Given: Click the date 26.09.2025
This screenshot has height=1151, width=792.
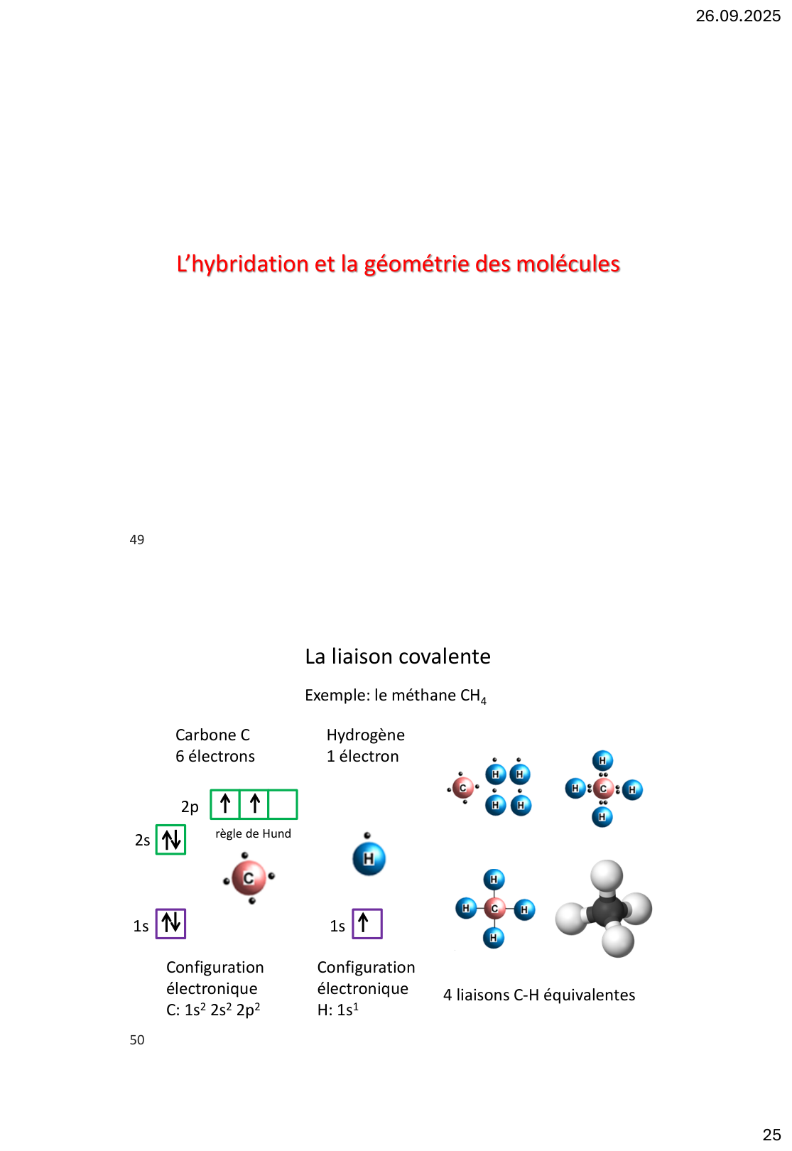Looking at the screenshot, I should [737, 16].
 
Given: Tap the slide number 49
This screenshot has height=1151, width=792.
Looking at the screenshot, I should [137, 540].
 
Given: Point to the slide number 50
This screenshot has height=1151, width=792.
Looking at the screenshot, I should [137, 1040].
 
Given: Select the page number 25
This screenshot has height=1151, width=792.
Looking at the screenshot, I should [771, 1135].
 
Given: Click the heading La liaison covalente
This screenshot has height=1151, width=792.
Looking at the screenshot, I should [398, 656].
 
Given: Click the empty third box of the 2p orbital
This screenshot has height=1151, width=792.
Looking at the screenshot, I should [283, 804].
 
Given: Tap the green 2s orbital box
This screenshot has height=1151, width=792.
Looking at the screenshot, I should [170, 840].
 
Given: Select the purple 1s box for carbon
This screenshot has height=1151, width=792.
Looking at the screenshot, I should [170, 924].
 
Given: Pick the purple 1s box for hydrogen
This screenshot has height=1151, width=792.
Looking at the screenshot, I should [367, 924].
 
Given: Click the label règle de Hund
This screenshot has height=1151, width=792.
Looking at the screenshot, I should [253, 833].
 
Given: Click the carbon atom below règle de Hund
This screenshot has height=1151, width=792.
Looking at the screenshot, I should [249, 878].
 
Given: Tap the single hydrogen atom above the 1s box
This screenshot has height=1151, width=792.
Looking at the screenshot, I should [369, 858].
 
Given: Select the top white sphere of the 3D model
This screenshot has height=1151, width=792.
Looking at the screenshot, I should [607, 876].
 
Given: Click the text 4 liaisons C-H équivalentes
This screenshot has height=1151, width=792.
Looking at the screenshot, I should [539, 995].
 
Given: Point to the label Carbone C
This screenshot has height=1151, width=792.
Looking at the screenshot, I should [212, 735].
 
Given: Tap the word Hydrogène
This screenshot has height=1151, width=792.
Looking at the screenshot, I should [366, 735].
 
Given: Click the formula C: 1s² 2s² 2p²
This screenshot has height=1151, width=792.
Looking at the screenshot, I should [213, 1010].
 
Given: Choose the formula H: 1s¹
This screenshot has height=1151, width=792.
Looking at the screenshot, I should [338, 1010].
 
